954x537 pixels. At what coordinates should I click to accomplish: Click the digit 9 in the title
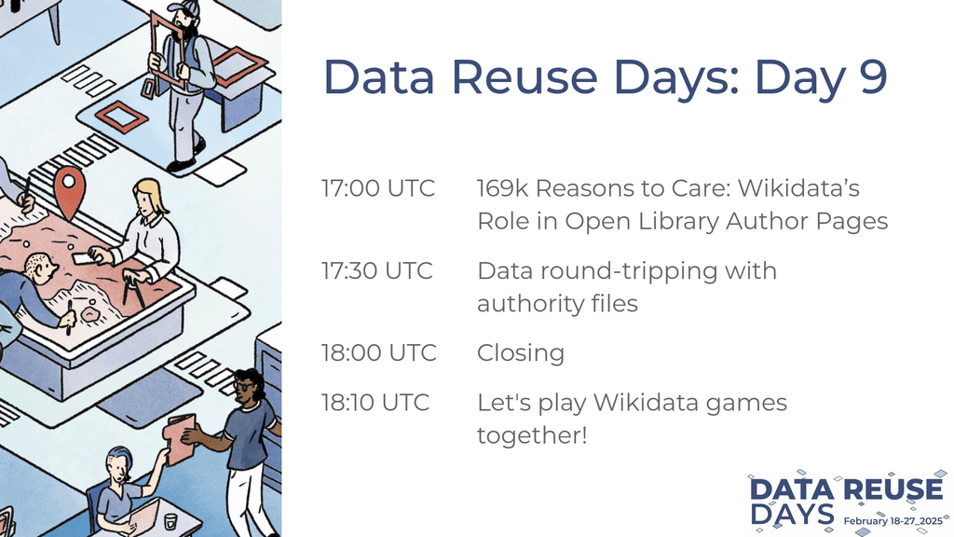872,76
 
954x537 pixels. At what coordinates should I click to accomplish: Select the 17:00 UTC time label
378,188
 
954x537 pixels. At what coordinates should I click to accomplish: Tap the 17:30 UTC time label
377,270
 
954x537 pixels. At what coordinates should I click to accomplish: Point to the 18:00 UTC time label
378,352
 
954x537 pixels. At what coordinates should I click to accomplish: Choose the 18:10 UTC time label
375,403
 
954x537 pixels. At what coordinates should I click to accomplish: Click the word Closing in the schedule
521,353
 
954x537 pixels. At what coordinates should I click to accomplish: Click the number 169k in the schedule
502,188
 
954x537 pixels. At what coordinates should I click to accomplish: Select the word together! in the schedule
532,436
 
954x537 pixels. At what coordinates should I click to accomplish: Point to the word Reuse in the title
525,76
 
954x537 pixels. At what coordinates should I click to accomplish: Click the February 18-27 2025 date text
893,521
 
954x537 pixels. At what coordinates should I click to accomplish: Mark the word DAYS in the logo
792,515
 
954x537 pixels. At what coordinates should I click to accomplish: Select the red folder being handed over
179,438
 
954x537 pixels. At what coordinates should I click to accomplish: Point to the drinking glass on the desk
171,521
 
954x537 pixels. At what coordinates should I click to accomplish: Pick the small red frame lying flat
121,116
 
